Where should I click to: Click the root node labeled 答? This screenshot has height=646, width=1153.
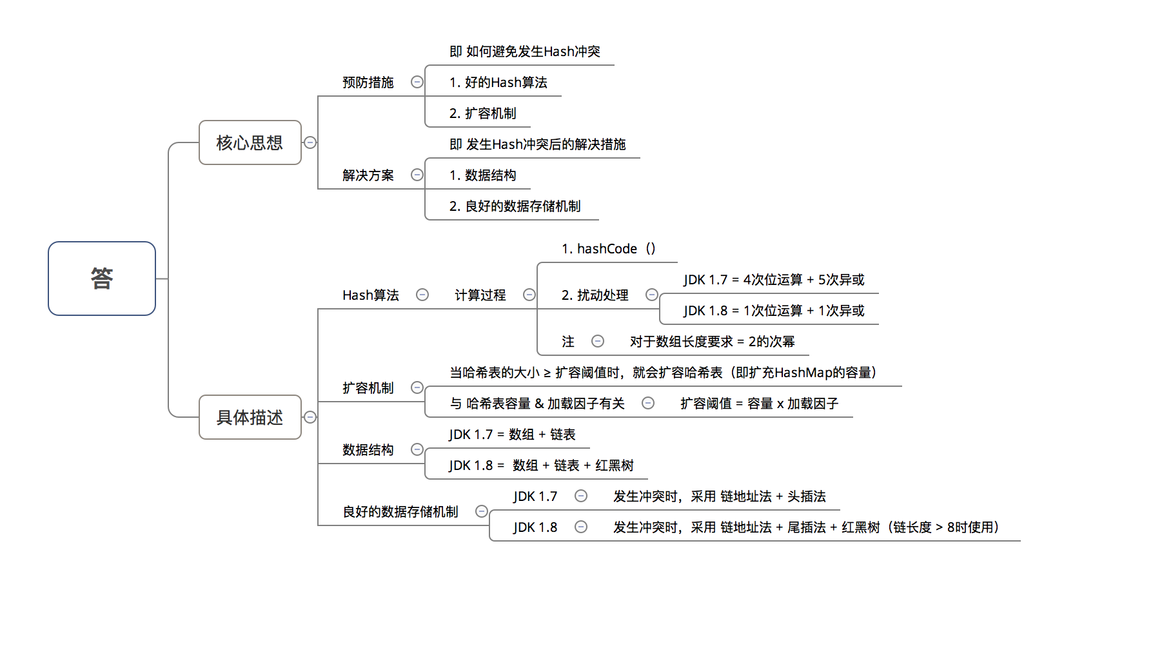pyautogui.click(x=102, y=279)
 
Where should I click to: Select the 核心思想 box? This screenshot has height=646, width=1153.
pyautogui.click(x=250, y=142)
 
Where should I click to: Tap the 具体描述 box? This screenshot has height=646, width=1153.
pyautogui.click(x=250, y=417)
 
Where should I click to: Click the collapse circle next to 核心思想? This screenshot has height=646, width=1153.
pyautogui.click(x=310, y=142)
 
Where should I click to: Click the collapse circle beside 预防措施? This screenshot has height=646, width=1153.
pyautogui.click(x=417, y=82)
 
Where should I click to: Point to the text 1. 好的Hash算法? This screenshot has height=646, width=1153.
pyautogui.click(x=498, y=83)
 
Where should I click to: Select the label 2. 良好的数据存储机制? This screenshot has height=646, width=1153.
pyautogui.click(x=515, y=206)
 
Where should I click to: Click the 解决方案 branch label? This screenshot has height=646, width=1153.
pyautogui.click(x=368, y=175)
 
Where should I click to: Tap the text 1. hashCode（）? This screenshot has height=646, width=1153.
pyautogui.click(x=608, y=249)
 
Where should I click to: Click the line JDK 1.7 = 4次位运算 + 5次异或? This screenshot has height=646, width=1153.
pyautogui.click(x=774, y=280)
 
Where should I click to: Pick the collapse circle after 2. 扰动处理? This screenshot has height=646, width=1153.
pyautogui.click(x=652, y=295)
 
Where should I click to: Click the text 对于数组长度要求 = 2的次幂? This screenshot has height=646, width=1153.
pyautogui.click(x=712, y=342)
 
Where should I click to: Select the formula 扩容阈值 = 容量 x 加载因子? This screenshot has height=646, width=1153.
pyautogui.click(x=759, y=404)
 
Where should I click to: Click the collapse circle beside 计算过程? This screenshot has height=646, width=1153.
pyautogui.click(x=529, y=295)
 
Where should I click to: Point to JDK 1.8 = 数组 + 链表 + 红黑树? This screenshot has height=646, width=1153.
pyautogui.click(x=541, y=465)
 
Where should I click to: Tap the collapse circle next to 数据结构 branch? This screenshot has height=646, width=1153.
pyautogui.click(x=417, y=449)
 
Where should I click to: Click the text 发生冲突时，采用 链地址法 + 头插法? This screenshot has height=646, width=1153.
pyautogui.click(x=719, y=496)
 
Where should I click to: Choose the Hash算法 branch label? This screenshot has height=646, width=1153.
pyautogui.click(x=370, y=295)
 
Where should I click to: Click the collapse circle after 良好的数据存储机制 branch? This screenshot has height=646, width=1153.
pyautogui.click(x=482, y=511)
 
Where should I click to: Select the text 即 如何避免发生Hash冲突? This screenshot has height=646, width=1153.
pyautogui.click(x=524, y=52)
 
